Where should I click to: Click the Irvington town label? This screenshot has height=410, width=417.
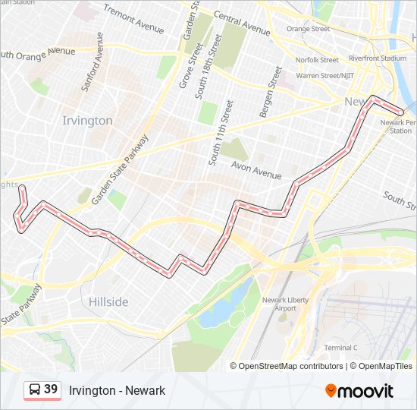[87, 121]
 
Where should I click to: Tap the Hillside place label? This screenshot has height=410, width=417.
[108, 301]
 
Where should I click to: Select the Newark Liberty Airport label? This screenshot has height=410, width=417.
[285, 304]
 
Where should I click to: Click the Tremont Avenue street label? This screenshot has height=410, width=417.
[133, 19]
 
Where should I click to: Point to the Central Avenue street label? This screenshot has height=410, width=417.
[242, 23]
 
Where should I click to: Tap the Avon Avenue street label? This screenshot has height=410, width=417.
[256, 172]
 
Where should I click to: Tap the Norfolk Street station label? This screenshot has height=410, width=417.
[317, 60]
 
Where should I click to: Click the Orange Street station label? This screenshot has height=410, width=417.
[308, 29]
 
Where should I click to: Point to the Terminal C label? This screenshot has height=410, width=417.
[340, 348]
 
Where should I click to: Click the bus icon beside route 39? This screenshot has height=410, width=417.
[35, 390]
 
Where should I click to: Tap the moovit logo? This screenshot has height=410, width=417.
[359, 391]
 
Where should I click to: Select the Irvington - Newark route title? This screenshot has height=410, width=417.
[117, 390]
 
